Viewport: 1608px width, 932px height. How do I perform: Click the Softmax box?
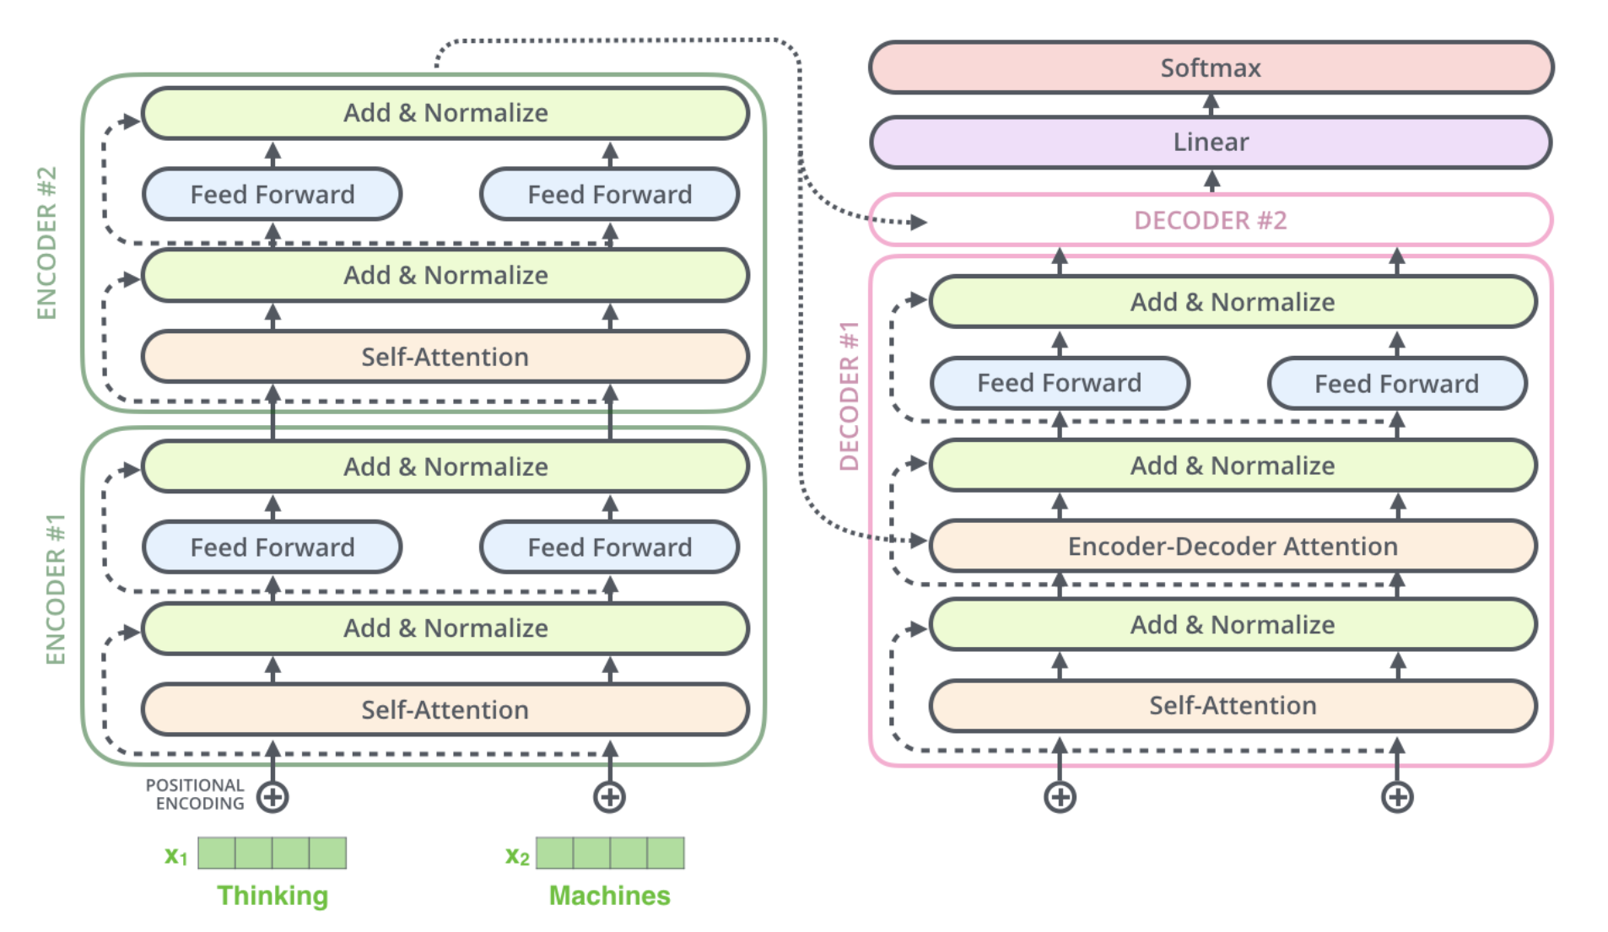(x=1211, y=67)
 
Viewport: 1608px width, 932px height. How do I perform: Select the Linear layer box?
(x=1211, y=142)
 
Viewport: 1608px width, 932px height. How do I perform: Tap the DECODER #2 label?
(x=1211, y=220)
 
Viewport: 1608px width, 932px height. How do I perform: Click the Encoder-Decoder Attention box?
(x=1233, y=546)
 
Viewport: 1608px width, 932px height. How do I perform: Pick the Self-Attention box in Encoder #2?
(x=445, y=357)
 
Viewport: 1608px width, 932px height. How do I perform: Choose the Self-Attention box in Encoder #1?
(x=445, y=709)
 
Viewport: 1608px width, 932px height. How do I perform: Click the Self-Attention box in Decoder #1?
(x=1233, y=705)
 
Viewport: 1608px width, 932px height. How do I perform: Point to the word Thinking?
(x=272, y=896)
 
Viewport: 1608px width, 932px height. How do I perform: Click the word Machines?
(x=610, y=896)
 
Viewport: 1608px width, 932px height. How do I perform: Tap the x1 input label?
(x=175, y=856)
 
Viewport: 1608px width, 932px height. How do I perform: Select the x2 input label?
(x=517, y=856)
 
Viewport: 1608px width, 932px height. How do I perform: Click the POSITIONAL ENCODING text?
(x=195, y=795)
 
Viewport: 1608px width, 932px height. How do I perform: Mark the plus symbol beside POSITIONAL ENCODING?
(x=272, y=797)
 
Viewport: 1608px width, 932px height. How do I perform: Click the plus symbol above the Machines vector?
(x=610, y=797)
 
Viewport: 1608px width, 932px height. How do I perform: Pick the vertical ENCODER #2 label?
(x=46, y=243)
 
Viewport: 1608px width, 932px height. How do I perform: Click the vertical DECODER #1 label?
(x=849, y=396)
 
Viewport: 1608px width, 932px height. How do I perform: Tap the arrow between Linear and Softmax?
(x=1211, y=105)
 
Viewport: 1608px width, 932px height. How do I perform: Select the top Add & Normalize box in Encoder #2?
(x=445, y=113)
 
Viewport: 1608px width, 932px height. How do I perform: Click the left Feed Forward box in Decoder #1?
(x=1060, y=383)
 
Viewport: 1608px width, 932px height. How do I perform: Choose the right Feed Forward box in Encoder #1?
(x=610, y=547)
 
